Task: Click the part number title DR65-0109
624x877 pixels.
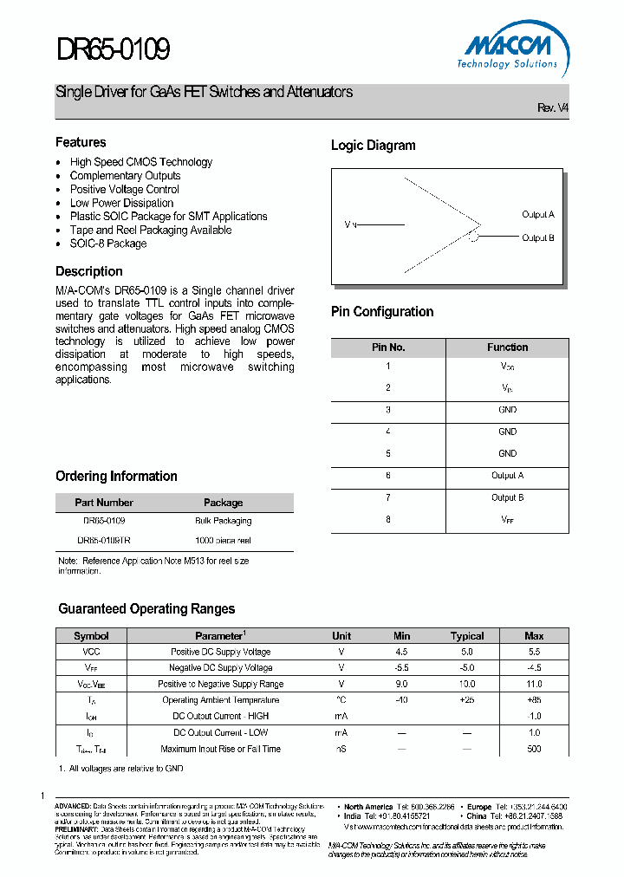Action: (113, 49)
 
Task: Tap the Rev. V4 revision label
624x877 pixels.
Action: (553, 108)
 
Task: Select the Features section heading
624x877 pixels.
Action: (81, 142)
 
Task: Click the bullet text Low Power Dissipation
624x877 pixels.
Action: (122, 203)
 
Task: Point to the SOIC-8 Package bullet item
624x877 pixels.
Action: (108, 244)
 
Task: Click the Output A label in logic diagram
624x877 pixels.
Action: (537, 214)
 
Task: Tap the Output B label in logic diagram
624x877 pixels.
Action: (537, 237)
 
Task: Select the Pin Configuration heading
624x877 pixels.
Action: (382, 312)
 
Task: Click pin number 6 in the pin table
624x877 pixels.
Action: (388, 475)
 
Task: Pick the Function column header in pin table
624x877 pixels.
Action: (507, 348)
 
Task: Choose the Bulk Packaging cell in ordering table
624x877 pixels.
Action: (223, 521)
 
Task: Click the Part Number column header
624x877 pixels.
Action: (104, 503)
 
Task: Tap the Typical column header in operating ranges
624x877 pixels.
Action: (467, 636)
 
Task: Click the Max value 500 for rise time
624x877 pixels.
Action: (534, 749)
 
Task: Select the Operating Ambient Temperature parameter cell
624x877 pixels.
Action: (220, 700)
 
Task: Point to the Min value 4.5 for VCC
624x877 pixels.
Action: (401, 652)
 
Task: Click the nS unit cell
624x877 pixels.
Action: (341, 749)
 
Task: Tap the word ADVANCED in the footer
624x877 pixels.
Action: (73, 806)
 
